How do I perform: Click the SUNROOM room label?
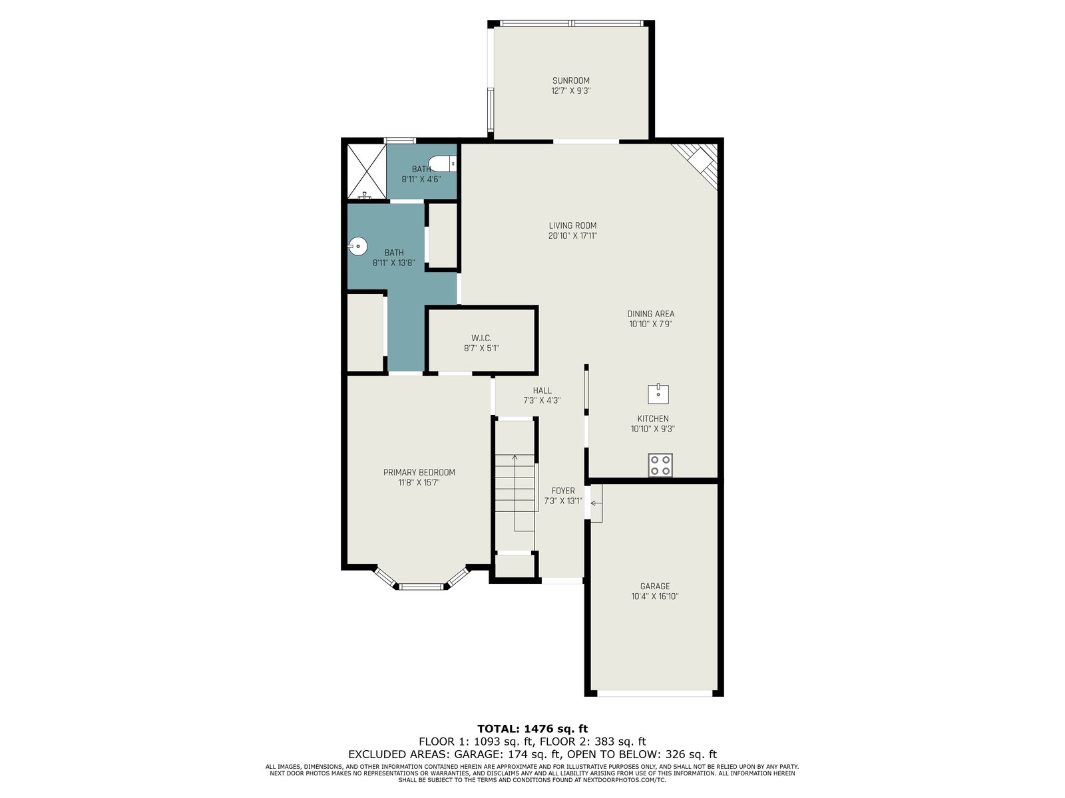tap(570, 80)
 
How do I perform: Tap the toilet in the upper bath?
tap(443, 164)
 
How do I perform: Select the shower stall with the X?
tap(367, 171)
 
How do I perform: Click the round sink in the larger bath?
tap(357, 247)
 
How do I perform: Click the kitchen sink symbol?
tap(658, 394)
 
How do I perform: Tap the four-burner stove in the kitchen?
tap(660, 465)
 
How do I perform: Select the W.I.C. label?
tap(481, 338)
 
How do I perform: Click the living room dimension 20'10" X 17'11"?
tap(572, 236)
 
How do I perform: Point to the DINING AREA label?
tap(650, 313)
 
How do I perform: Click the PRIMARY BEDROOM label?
tap(419, 472)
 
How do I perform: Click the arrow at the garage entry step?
tap(596, 503)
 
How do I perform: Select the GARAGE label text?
tap(654, 586)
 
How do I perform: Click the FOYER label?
tap(563, 490)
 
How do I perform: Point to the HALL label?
tap(542, 390)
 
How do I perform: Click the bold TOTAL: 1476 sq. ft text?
tap(532, 728)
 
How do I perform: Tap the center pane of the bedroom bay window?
tap(421, 587)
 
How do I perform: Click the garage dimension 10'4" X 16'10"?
tap(654, 597)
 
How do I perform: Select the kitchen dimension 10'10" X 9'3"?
tap(652, 429)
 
